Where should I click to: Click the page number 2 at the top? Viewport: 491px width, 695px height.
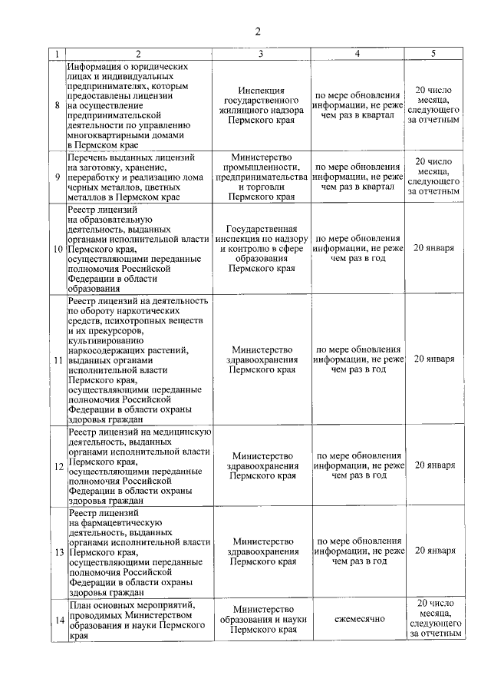[x=258, y=31]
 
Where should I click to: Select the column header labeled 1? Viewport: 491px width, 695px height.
[x=57, y=54]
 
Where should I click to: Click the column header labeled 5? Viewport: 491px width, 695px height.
[x=433, y=54]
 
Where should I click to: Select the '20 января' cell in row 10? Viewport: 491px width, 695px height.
[x=434, y=249]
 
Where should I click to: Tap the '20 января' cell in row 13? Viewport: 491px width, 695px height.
[x=434, y=551]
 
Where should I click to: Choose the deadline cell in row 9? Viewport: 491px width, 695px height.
[x=434, y=176]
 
